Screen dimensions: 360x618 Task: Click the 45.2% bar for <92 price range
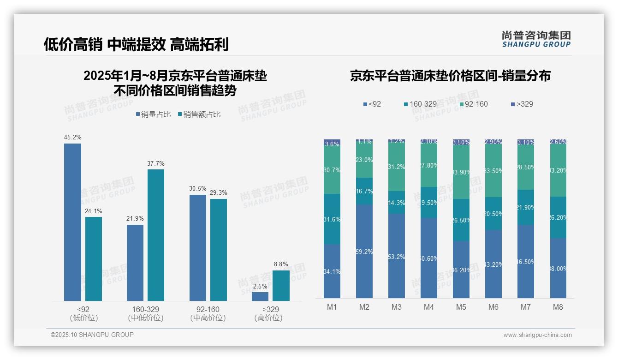tap(72, 222)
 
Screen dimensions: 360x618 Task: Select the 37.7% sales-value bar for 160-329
tap(156, 235)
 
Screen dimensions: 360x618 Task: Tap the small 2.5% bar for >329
tap(260, 296)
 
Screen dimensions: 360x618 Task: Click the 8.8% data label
tap(281, 264)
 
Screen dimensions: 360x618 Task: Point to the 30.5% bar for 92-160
tap(198, 248)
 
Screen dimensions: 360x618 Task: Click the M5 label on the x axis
tap(461, 307)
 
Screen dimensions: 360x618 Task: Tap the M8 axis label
tap(558, 307)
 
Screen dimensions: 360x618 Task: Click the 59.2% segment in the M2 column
tap(364, 252)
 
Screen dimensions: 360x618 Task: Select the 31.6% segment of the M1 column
tap(332, 219)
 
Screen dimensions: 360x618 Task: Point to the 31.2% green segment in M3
tap(397, 167)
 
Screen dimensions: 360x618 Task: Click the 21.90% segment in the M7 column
tap(526, 208)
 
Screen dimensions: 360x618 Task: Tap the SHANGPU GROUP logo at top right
tap(536, 39)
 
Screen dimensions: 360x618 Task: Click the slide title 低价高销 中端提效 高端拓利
tap(136, 44)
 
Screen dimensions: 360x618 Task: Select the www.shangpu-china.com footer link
tap(537, 335)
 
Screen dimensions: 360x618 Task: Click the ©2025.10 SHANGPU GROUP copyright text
tap(92, 335)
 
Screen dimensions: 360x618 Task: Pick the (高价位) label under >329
tap(268, 318)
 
